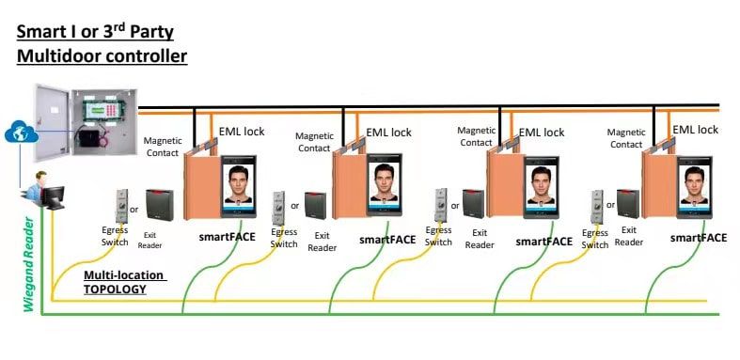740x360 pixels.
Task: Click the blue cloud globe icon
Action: (x=22, y=133)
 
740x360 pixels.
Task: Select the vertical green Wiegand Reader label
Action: (x=29, y=264)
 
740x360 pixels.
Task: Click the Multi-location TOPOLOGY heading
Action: (x=125, y=282)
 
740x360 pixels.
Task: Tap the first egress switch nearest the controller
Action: (x=121, y=205)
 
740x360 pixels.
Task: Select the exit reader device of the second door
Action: (x=315, y=206)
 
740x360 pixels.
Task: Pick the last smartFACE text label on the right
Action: (x=699, y=238)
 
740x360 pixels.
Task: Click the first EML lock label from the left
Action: (x=242, y=132)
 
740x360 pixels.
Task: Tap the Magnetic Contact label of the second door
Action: (x=314, y=142)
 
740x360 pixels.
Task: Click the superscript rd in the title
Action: (x=120, y=26)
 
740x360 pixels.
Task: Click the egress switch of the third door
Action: (x=441, y=205)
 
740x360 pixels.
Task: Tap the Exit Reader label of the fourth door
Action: (x=629, y=236)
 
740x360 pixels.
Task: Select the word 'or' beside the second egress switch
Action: (x=295, y=206)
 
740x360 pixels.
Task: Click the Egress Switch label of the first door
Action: (x=115, y=236)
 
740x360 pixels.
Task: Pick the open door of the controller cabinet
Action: (x=53, y=123)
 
